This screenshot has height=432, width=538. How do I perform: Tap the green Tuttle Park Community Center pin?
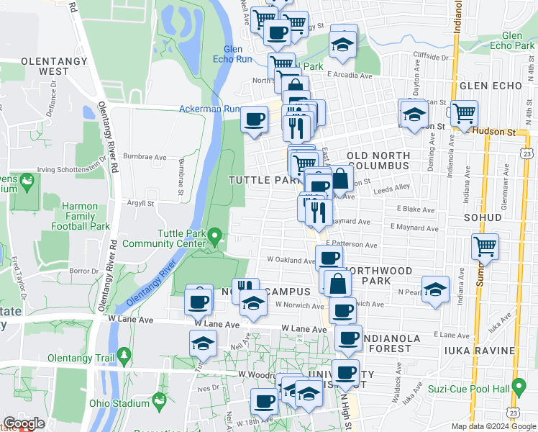[214, 235]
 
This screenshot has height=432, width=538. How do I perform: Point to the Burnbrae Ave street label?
[144, 155]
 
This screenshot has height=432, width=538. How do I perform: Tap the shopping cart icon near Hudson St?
[465, 113]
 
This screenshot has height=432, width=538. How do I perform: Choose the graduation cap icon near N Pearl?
[434, 289]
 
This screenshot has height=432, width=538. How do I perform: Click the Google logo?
[24, 423]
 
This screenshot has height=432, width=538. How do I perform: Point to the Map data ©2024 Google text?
[493, 426]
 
